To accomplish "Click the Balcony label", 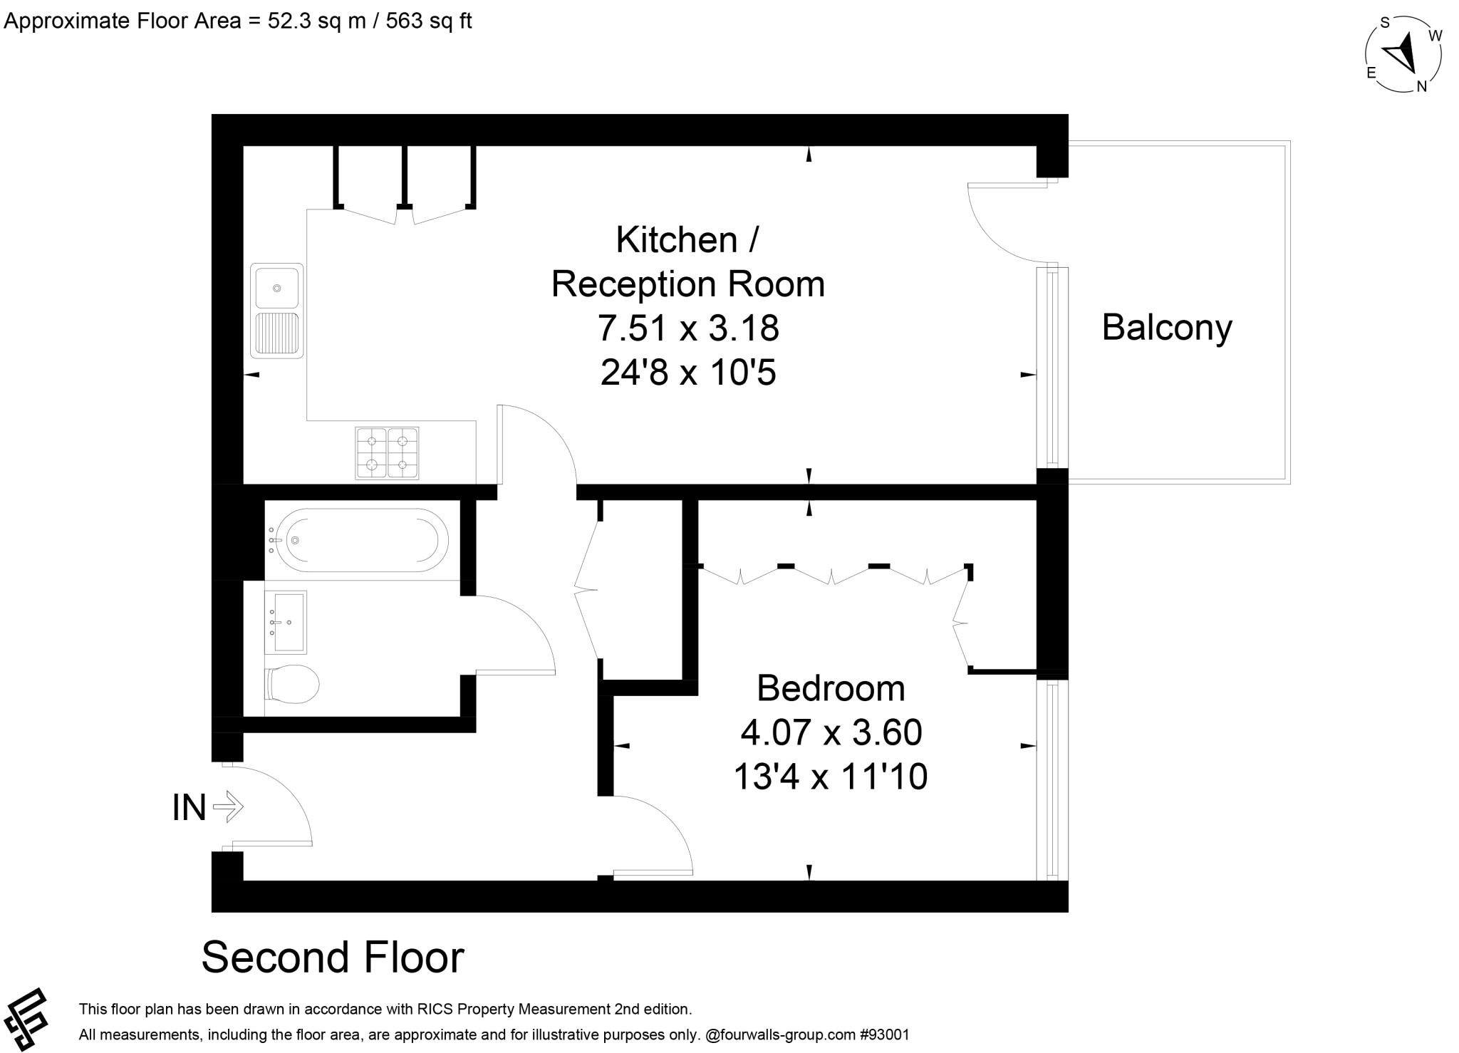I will pos(1166,328).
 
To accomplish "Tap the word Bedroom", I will pos(831,688).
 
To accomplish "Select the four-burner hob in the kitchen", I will pos(387,452).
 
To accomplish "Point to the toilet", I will pos(293,685).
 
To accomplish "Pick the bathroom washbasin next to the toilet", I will pos(286,622).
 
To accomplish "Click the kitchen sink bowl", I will pos(277,288).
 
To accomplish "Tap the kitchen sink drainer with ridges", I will pos(277,333).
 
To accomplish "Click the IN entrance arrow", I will pos(229,807).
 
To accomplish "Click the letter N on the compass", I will pos(1421,87).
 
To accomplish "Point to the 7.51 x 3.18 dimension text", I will pos(688,328).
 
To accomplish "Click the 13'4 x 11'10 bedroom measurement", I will pos(831,776).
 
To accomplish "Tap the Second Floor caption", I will pos(333,957).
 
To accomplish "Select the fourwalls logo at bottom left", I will pos(25,1020).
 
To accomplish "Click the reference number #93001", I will pos(884,1034).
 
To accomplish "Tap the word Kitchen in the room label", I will pos(677,239).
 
